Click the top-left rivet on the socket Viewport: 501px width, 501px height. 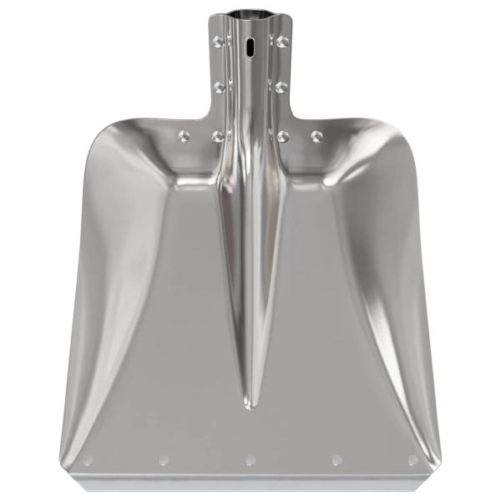[x=219, y=40]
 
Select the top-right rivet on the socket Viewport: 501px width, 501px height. [x=282, y=40]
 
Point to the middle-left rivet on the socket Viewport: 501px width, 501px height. [x=219, y=86]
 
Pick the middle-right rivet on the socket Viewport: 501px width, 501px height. [x=282, y=86]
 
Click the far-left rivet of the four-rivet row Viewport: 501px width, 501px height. [x=185, y=135]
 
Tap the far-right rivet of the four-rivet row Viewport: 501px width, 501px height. [x=316, y=135]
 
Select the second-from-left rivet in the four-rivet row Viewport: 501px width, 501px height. [x=218, y=135]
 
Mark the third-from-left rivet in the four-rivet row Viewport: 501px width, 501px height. [x=283, y=135]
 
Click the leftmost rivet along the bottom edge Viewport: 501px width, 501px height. [x=88, y=460]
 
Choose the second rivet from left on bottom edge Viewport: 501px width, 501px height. [x=164, y=460]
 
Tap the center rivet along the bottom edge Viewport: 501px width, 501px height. [x=250, y=460]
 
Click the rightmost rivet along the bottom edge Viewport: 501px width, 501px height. [x=412, y=460]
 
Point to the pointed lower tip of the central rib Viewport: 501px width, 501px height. [x=250, y=407]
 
